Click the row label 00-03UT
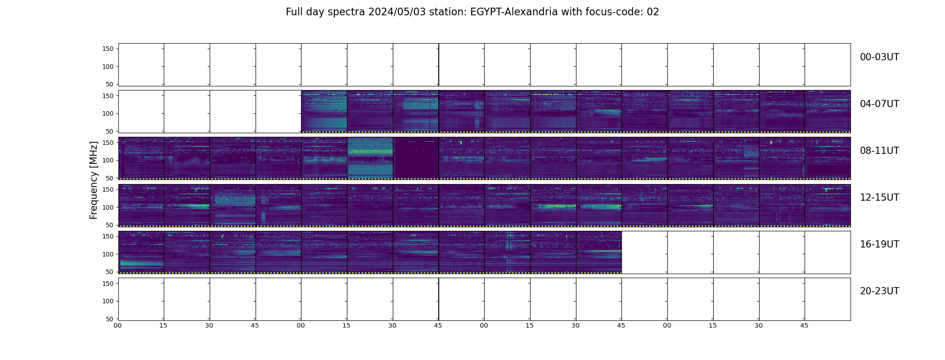pyautogui.click(x=879, y=57)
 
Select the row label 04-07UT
pyautogui.click(x=879, y=104)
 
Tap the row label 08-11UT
pyautogui.click(x=879, y=151)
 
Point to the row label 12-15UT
pyautogui.click(x=879, y=198)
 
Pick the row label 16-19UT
pyautogui.click(x=879, y=244)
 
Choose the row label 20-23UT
pyautogui.click(x=879, y=291)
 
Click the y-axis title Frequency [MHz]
pyautogui.click(x=94, y=180)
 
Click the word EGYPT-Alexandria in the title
pyautogui.click(x=514, y=12)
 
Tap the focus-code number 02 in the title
pyautogui.click(x=652, y=12)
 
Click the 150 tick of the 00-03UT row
pyautogui.click(x=108, y=49)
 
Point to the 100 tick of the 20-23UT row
pyautogui.click(x=108, y=301)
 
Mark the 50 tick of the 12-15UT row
pyautogui.click(x=110, y=225)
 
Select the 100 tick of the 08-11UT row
pyautogui.click(x=108, y=160)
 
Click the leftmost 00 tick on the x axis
pyautogui.click(x=117, y=325)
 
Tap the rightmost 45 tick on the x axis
pyautogui.click(x=804, y=325)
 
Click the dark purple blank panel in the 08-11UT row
pyautogui.click(x=416, y=158)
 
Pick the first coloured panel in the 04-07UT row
pyautogui.click(x=324, y=112)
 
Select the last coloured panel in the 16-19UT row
pyautogui.click(x=598, y=252)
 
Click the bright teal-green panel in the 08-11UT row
pyautogui.click(x=370, y=158)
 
